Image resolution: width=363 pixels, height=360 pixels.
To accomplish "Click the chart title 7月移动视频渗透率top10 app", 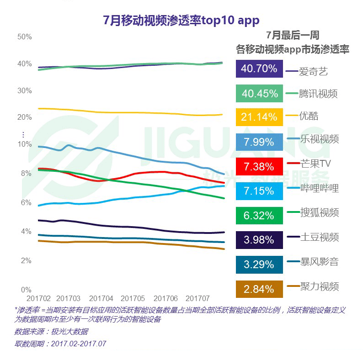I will [181, 20].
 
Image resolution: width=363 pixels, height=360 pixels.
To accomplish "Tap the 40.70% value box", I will [259, 69].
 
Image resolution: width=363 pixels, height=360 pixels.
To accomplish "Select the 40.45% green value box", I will [259, 93].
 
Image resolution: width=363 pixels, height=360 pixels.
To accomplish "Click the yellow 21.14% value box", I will [259, 117].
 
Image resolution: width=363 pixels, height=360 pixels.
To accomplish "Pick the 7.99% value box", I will [259, 142].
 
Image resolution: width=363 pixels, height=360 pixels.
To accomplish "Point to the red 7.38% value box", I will [259, 166].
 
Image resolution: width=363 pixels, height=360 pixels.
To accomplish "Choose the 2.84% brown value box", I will [259, 288].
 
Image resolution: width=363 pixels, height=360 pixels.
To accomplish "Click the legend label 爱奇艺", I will [313, 71].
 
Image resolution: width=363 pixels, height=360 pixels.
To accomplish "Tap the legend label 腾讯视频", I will [318, 94].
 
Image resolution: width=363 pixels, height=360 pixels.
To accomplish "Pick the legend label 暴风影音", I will [319, 262].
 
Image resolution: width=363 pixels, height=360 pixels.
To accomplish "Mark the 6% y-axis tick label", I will [26, 202].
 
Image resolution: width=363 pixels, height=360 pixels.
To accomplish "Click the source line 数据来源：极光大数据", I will [51, 331].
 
